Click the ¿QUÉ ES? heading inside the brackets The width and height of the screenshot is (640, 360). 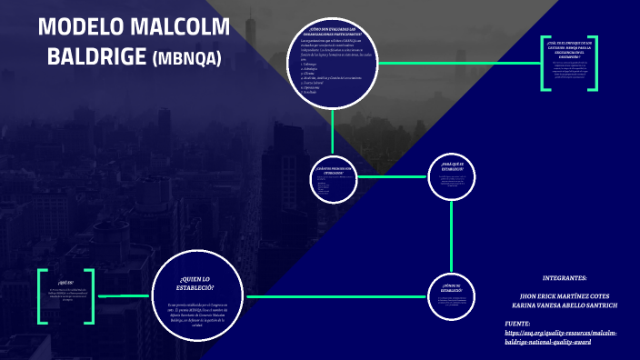coord(64,283)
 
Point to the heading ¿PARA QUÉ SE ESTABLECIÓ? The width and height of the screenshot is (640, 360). coord(452,166)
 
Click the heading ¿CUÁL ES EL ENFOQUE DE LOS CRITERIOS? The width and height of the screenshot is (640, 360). coord(570,48)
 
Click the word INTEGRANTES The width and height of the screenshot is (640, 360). coord(564,277)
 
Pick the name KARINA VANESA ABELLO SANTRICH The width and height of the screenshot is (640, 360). coord(565,306)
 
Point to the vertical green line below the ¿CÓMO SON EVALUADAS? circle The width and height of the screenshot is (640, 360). coord(333,132)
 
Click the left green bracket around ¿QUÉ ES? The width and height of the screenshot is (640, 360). coord(41,295)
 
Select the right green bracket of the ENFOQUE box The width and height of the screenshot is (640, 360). coord(595,64)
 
